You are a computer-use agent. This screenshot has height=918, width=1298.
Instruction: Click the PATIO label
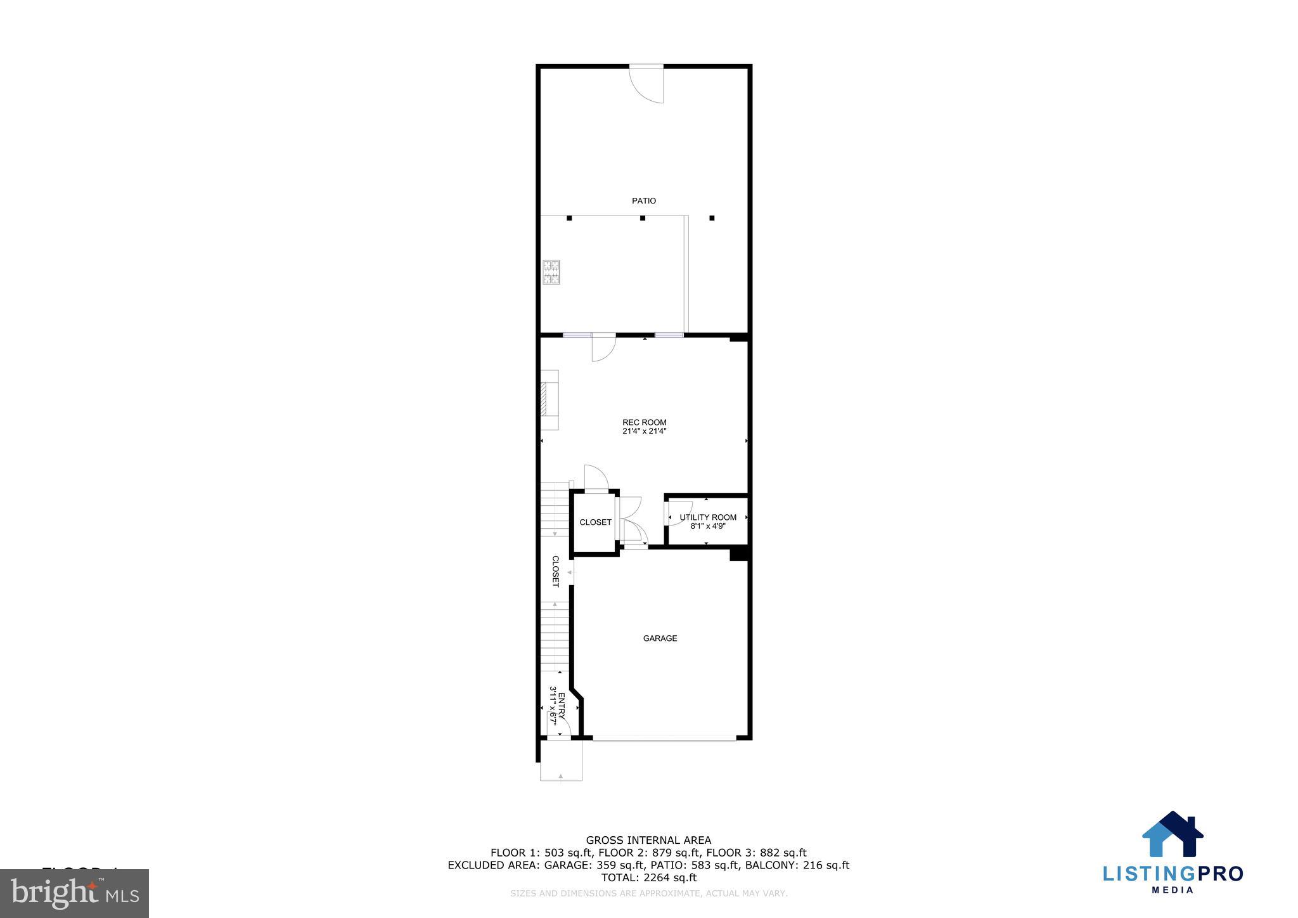tap(644, 201)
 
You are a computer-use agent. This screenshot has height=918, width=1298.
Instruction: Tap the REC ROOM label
tap(644, 422)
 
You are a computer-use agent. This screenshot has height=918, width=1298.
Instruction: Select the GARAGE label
tap(660, 638)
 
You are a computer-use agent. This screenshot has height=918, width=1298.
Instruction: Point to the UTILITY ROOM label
tap(708, 517)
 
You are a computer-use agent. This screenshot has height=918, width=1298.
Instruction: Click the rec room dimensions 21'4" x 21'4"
tap(644, 432)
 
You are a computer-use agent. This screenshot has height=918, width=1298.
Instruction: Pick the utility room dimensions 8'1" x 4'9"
tap(708, 526)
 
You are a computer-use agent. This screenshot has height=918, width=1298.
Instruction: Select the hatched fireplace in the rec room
tap(543, 399)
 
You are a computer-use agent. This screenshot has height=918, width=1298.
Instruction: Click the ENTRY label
tap(561, 706)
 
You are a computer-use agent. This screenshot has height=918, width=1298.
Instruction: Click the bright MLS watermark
tap(75, 893)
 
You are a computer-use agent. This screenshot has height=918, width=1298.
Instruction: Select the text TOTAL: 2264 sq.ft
tap(648, 878)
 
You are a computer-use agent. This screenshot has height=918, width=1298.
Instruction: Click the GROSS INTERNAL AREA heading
tap(648, 841)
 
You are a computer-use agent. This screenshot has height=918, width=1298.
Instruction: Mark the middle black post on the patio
tap(643, 218)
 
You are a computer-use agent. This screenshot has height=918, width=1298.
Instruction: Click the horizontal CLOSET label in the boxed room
tap(595, 522)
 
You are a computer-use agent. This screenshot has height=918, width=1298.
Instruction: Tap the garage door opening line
tap(664, 737)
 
